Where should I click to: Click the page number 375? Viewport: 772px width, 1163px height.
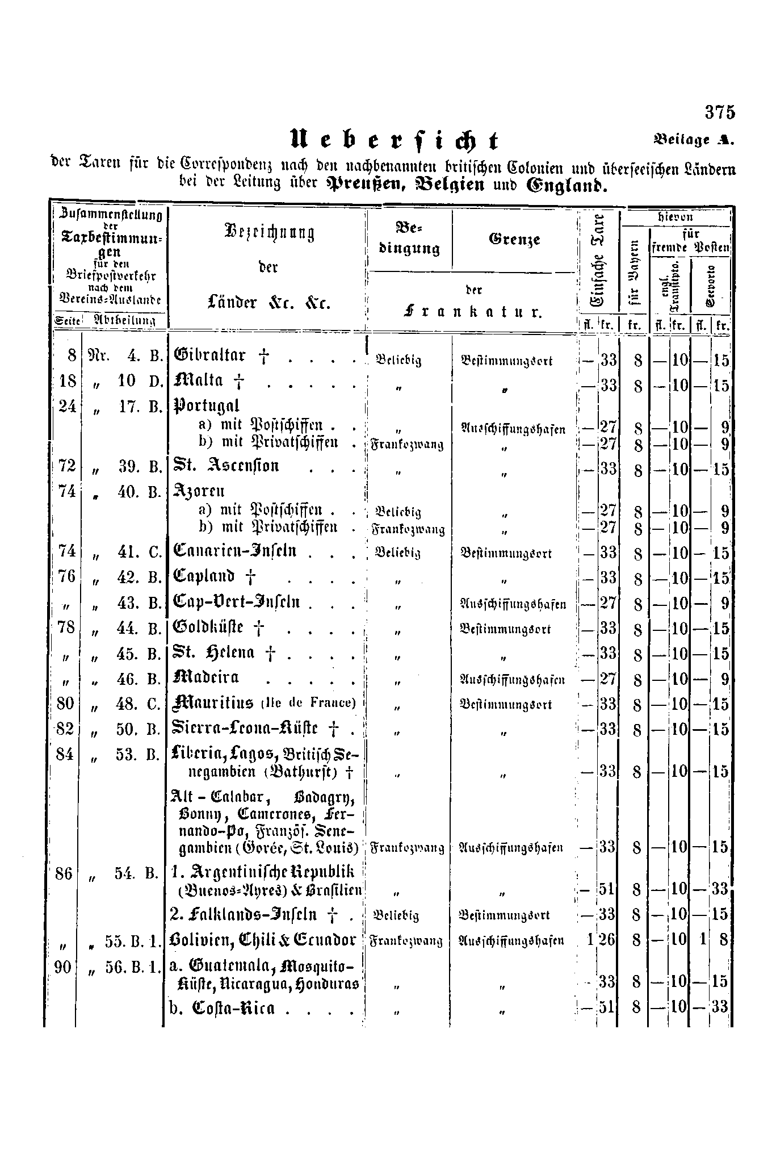coord(720,112)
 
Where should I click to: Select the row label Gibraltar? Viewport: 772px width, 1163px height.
coord(209,356)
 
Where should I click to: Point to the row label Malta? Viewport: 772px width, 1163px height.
coord(199,380)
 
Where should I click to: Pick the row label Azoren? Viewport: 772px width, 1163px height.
coord(199,491)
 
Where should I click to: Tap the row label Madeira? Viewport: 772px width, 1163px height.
coord(205,677)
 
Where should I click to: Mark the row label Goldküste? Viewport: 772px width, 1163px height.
coord(208,627)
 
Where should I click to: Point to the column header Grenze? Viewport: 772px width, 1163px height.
coord(514,239)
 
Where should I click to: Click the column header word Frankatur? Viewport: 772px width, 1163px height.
coord(473,312)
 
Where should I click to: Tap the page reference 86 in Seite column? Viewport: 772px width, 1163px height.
coord(64,873)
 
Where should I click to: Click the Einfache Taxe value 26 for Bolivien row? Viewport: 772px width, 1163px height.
coord(607,939)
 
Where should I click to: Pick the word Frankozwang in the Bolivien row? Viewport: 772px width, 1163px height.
coord(406,941)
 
